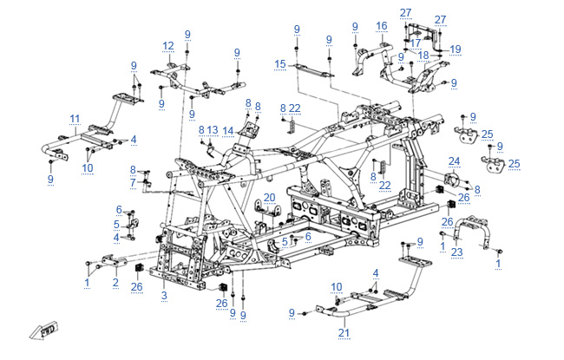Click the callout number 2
pyautogui.click(x=115, y=282)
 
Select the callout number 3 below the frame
pyautogui.click(x=163, y=297)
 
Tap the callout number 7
pyautogui.click(x=134, y=183)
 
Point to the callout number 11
pyautogui.click(x=75, y=119)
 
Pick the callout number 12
pyautogui.click(x=167, y=46)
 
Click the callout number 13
pyautogui.click(x=213, y=130)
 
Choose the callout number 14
pyautogui.click(x=228, y=130)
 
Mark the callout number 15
pyautogui.click(x=279, y=64)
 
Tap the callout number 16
pyautogui.click(x=382, y=26)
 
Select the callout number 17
pyautogui.click(x=416, y=43)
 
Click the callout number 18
pyautogui.click(x=423, y=55)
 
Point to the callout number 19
pyautogui.click(x=456, y=49)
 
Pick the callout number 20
pyautogui.click(x=269, y=197)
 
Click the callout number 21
pyautogui.click(x=343, y=332)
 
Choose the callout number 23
pyautogui.click(x=457, y=252)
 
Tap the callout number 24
pyautogui.click(x=454, y=161)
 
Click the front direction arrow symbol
pyautogui.click(x=46, y=331)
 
